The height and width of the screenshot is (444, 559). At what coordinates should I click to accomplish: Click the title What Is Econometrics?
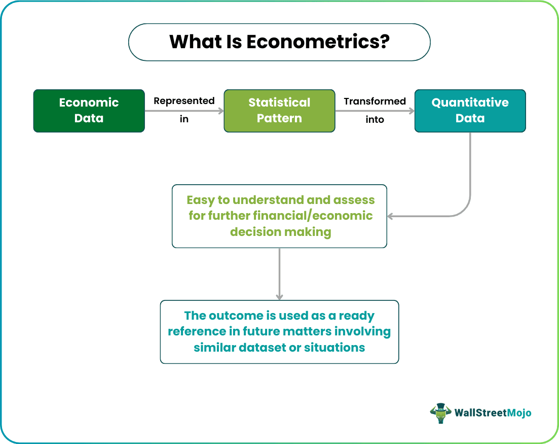279,42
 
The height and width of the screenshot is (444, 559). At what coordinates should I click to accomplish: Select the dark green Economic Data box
89,111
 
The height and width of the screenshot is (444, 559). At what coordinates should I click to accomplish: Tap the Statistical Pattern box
279,111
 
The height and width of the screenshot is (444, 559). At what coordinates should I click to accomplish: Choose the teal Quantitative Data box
470,111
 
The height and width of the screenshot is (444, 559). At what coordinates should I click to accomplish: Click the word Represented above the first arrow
184,101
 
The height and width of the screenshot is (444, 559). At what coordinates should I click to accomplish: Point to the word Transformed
375,101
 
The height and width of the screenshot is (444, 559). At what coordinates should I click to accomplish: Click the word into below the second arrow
375,120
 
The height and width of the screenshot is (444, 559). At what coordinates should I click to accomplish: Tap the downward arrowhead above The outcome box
279,296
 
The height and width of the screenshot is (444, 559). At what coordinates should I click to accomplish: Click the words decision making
280,232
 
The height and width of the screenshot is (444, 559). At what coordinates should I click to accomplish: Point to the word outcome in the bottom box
236,316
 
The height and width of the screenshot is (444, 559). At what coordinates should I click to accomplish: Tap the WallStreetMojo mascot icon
440,413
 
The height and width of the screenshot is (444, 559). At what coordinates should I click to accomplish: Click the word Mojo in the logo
518,413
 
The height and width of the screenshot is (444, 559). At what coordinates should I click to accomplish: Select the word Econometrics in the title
318,42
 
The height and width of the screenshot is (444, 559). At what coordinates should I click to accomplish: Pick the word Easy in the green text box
201,199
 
